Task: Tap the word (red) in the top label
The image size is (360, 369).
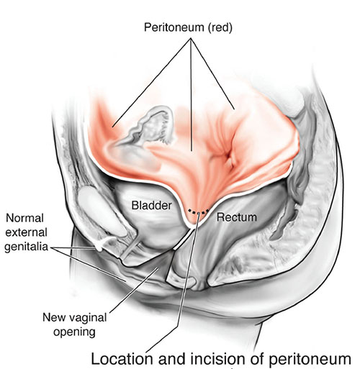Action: (x=220, y=27)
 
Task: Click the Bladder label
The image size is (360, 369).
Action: (x=152, y=206)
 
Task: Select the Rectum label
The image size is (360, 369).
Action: (x=237, y=217)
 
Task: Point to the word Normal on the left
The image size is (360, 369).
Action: (x=24, y=218)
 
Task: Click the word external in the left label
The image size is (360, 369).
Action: (x=26, y=232)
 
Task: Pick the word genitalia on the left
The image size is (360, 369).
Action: (x=26, y=247)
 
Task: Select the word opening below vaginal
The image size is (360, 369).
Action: (x=74, y=332)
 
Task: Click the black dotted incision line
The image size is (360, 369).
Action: (x=198, y=212)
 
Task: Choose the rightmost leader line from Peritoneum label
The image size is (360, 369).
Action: (x=212, y=73)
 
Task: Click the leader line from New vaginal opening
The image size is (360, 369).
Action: (x=134, y=291)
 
